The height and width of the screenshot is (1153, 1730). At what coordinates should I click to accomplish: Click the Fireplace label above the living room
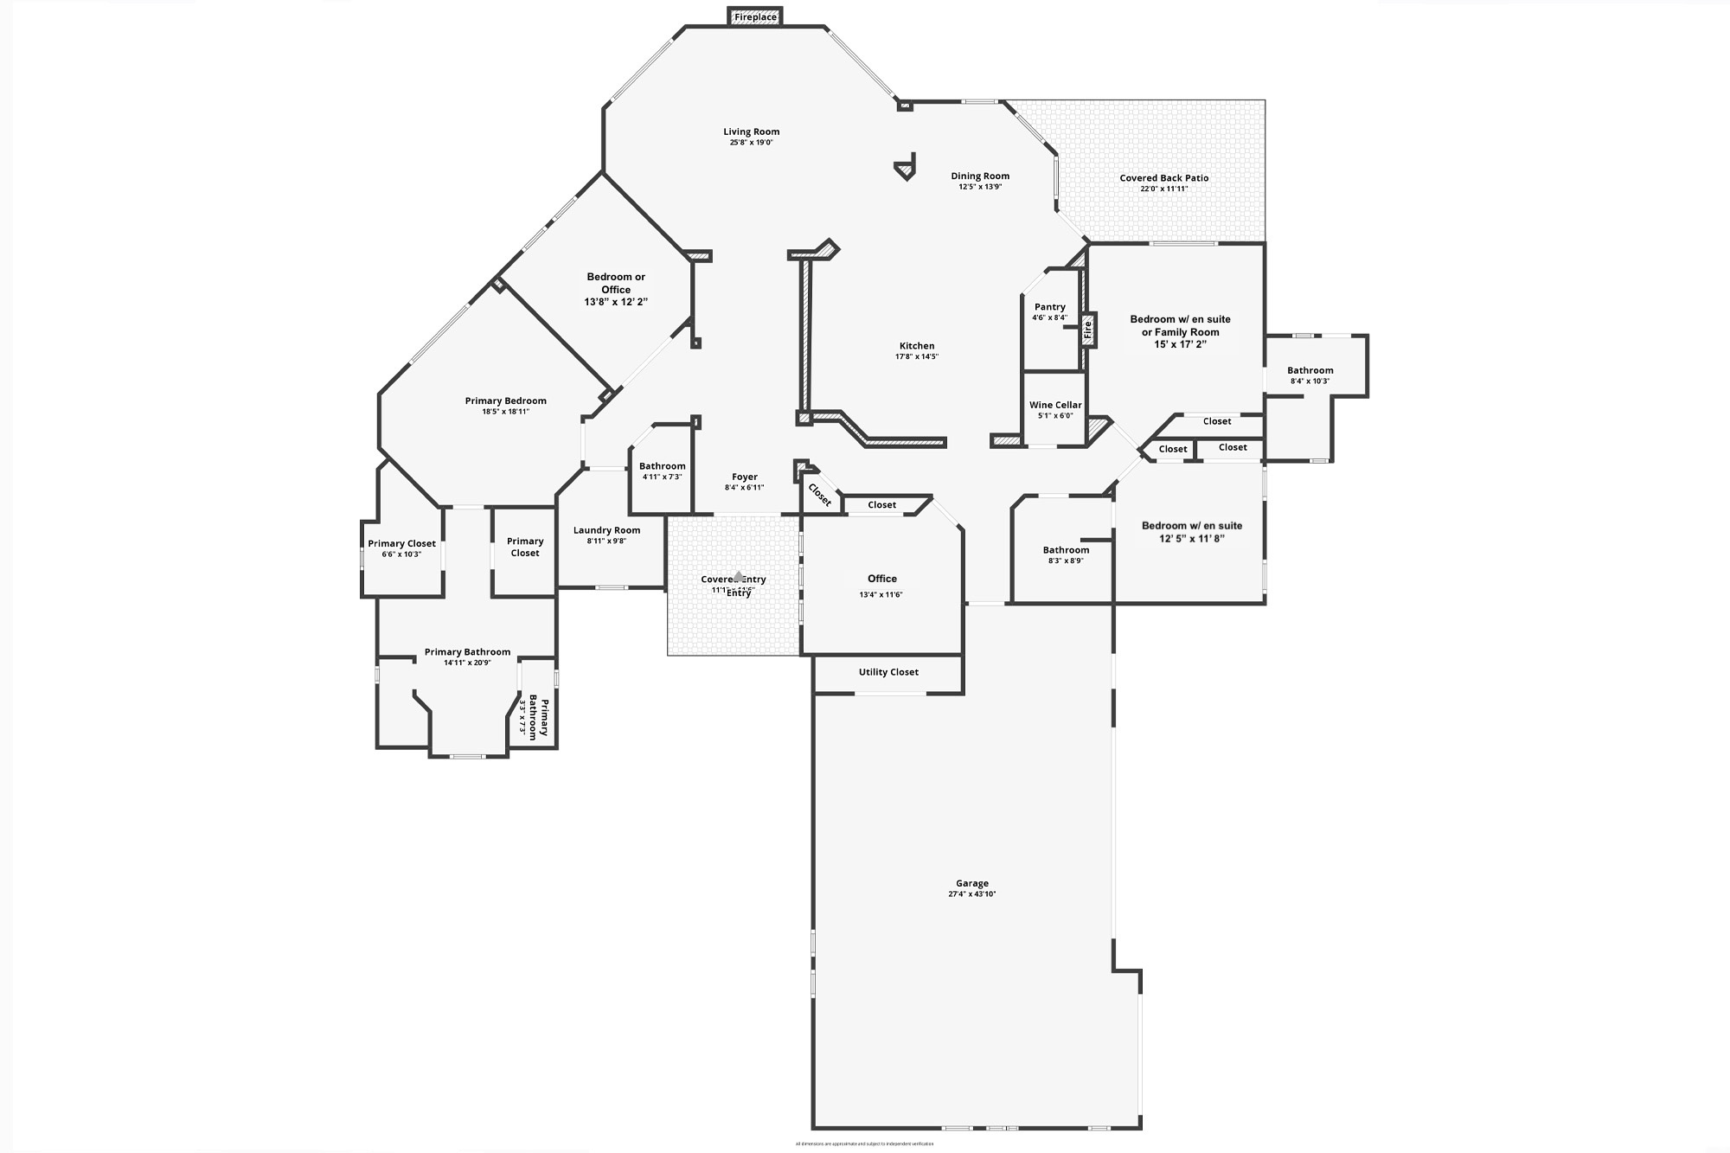(755, 17)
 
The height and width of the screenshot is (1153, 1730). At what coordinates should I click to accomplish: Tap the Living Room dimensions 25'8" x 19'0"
(751, 143)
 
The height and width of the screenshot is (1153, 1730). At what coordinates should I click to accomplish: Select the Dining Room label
(980, 176)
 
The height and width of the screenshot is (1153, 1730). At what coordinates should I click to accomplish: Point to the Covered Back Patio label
(1163, 178)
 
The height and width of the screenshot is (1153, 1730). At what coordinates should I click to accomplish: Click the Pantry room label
(1049, 307)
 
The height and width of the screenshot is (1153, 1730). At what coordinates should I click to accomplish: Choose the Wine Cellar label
(1055, 405)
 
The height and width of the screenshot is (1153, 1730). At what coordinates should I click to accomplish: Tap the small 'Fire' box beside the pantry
(1088, 329)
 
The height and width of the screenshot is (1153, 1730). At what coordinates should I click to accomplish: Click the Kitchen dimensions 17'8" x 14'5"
(917, 356)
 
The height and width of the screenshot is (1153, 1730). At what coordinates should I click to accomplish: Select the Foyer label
(745, 477)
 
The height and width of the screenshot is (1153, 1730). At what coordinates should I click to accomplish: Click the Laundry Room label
(606, 530)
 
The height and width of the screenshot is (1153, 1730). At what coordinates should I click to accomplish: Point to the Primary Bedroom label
(505, 400)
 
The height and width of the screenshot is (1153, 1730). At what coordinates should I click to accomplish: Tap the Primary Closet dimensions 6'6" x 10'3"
(401, 554)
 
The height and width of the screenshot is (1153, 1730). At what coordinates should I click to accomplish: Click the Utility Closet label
(888, 672)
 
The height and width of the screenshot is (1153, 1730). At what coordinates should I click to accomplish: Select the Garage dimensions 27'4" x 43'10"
(972, 894)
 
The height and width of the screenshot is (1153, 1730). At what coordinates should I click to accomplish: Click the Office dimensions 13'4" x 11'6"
(881, 595)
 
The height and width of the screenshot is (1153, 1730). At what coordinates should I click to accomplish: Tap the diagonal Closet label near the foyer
(819, 496)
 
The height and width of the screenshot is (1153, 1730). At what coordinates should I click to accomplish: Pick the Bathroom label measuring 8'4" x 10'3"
(1310, 370)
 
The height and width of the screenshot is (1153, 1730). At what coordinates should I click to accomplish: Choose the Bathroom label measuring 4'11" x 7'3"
(662, 466)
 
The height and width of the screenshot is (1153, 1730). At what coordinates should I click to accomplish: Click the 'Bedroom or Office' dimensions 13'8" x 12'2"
(616, 302)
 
